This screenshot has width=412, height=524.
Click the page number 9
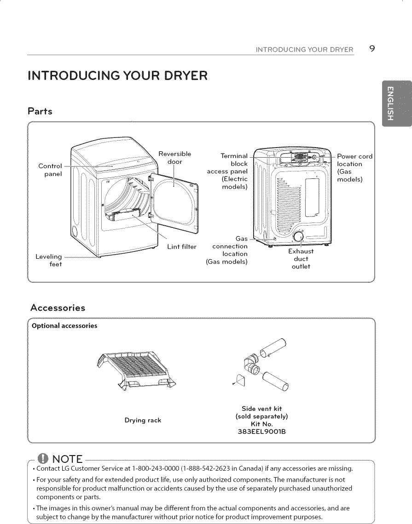click(x=371, y=49)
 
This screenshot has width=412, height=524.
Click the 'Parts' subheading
click(x=40, y=111)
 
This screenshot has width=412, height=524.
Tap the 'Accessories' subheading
click(x=58, y=308)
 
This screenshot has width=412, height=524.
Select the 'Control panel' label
click(x=50, y=170)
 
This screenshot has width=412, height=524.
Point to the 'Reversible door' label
click(x=174, y=157)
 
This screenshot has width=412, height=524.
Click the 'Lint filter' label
click(x=181, y=247)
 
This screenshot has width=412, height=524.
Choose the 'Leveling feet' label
click(x=49, y=260)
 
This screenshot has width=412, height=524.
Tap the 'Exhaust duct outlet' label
click(x=301, y=259)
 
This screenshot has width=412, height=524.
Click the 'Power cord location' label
click(x=354, y=167)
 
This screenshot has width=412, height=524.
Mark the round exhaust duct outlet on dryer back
click(x=298, y=237)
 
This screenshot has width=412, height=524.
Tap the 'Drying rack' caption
click(x=143, y=420)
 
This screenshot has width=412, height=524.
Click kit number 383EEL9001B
click(x=261, y=431)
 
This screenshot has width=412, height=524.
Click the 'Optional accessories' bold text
click(x=64, y=326)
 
